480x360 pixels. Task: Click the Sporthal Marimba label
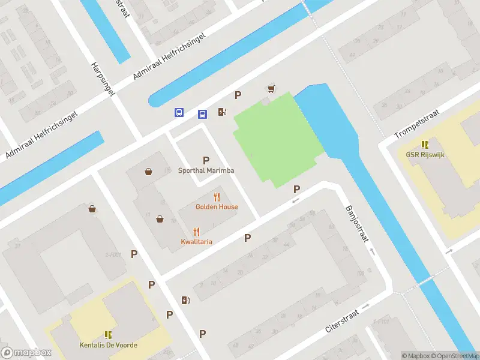(x=206, y=170)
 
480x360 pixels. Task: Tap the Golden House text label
(x=217, y=207)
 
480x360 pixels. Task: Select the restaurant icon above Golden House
(x=217, y=197)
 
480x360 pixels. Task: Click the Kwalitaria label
(x=196, y=242)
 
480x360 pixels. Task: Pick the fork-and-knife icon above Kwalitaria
(x=196, y=232)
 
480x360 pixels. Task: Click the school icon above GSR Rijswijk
(x=425, y=144)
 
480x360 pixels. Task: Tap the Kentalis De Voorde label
(x=109, y=345)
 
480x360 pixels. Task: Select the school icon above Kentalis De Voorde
(x=109, y=335)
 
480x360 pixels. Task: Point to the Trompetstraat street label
(x=418, y=124)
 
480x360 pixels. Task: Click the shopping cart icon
(x=271, y=89)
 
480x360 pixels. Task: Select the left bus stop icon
(x=179, y=112)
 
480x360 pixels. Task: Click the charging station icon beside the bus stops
(x=222, y=112)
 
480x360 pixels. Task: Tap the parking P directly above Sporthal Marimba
(x=206, y=160)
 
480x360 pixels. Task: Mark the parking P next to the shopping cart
(x=238, y=95)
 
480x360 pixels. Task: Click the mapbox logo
(x=26, y=353)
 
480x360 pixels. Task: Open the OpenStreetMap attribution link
(x=455, y=356)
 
